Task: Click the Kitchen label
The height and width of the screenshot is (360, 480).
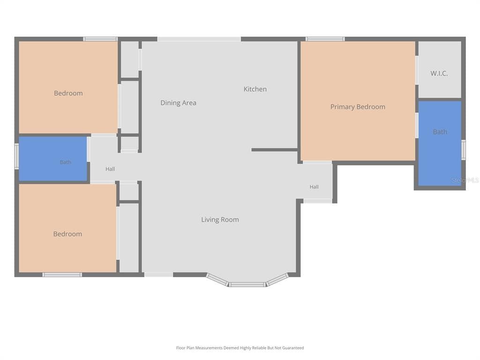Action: [x=255, y=89]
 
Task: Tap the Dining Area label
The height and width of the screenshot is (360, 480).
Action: [x=178, y=103]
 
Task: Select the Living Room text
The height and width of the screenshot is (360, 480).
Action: [x=220, y=219]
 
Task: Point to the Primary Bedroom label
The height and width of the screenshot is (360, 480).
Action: [x=358, y=107]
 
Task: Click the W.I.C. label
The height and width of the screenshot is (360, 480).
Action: [x=439, y=74]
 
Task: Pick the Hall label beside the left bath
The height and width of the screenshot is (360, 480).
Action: [x=110, y=169]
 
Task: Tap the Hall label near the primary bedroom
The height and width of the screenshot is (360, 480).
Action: [x=314, y=187]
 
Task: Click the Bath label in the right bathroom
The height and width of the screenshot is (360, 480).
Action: [x=440, y=132]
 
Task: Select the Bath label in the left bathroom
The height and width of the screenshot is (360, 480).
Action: [x=66, y=162]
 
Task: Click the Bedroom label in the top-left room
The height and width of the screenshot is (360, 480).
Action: [x=68, y=93]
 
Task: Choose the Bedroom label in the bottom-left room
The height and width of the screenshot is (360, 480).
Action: [x=67, y=234]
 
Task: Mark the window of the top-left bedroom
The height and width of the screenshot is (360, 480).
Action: [x=100, y=39]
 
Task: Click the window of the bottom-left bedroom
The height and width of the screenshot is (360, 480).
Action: [x=62, y=275]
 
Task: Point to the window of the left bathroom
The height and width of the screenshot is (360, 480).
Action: [x=16, y=157]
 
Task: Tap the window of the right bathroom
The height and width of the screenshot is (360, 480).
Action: [x=464, y=150]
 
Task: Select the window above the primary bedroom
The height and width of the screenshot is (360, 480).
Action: [x=325, y=39]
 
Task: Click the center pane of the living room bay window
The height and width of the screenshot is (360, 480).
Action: [x=247, y=285]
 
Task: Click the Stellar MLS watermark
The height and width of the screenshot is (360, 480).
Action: [x=465, y=180]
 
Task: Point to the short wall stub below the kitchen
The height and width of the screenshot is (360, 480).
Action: [x=275, y=150]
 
